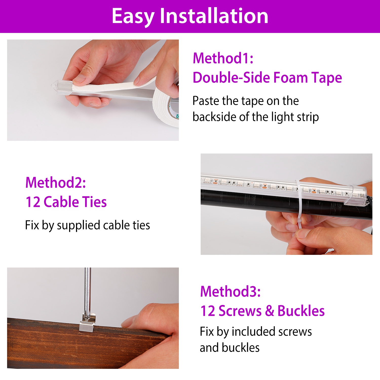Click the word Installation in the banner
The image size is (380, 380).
[x=214, y=16]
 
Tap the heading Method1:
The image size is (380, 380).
[x=223, y=58]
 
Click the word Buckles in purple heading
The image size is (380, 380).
[x=301, y=311]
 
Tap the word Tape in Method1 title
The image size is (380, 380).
[x=327, y=78]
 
